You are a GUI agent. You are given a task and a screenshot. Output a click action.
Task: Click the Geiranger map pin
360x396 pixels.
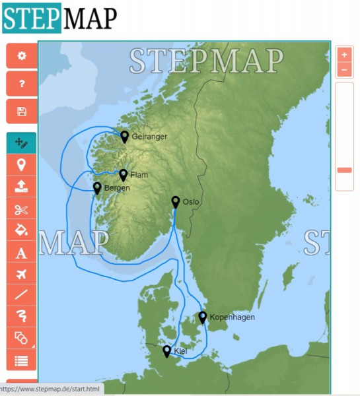124,135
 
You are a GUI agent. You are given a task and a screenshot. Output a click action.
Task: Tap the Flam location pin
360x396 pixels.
123,174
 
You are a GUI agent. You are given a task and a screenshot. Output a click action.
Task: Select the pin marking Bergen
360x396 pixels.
97,187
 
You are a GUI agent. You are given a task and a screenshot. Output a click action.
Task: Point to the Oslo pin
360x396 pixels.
175,201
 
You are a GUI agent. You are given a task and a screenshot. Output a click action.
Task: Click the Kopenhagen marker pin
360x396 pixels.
202,317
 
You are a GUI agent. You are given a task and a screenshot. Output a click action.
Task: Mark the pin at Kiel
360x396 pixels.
166,350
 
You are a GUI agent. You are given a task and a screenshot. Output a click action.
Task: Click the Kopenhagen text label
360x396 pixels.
232,317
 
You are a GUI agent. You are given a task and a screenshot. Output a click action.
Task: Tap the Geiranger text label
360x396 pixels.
149,137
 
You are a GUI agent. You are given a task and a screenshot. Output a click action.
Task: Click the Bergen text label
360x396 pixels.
117,188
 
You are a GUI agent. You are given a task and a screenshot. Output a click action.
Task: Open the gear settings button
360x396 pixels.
22,56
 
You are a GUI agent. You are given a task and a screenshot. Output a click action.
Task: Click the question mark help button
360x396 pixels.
22,84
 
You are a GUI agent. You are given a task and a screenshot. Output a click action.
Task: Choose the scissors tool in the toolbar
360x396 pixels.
22,210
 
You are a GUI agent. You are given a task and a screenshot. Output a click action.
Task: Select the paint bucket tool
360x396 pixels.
22,231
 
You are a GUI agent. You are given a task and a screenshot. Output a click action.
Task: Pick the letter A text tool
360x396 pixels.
22,253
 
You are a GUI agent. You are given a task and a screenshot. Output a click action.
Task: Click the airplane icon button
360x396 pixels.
22,274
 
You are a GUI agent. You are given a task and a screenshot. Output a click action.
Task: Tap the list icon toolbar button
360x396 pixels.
22,360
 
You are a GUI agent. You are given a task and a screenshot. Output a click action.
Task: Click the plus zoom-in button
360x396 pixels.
344,55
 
